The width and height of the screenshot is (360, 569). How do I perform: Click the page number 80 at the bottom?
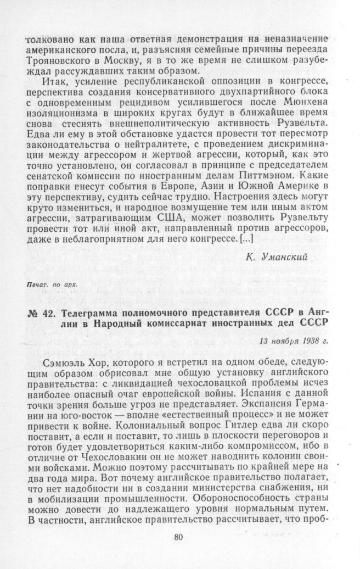coord(177,537)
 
